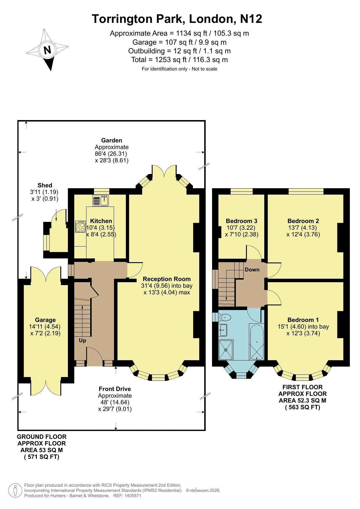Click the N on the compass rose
pos(47,50)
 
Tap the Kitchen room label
pos(101,221)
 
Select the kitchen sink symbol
pos(100,200)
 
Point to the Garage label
pos(45,320)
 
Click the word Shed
pos(45,185)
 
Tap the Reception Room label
pos(167,279)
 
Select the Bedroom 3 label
pos(242,221)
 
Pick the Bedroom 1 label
pos(303,320)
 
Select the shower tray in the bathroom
pos(226,350)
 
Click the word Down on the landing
pos(252,270)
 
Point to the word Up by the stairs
pos(83,340)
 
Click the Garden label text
pos(112,140)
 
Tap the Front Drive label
pos(115,389)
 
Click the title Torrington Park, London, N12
pos(177,19)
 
